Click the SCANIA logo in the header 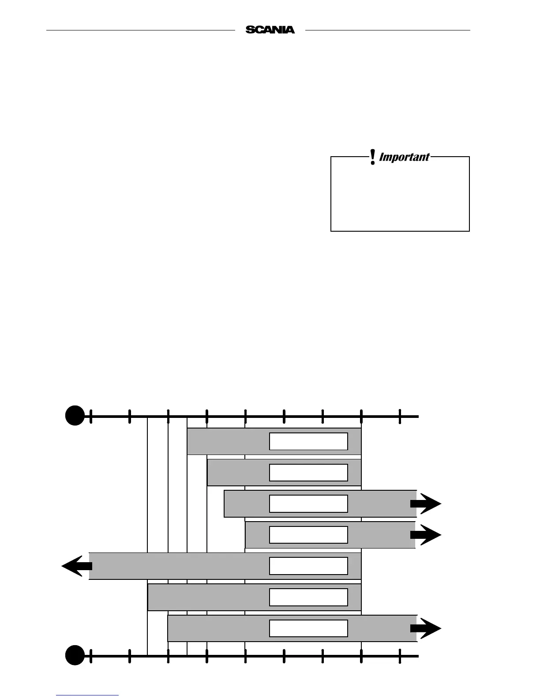(270, 30)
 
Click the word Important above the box (404, 157)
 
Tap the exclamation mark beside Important (373, 157)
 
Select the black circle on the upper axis (75, 415)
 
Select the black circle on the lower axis (75, 655)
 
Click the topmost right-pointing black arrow (425, 504)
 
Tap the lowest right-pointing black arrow (425, 628)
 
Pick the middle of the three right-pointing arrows (425, 535)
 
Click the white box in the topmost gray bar (308, 441)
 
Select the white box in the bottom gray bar (308, 628)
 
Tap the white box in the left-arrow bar (308, 566)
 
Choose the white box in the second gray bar (308, 473)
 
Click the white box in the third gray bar (308, 504)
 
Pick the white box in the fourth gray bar (308, 535)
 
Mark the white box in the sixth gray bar (308, 597)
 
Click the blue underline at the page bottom (87, 695)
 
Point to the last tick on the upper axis (400, 416)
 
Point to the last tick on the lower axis (400, 656)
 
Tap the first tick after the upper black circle (91, 416)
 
